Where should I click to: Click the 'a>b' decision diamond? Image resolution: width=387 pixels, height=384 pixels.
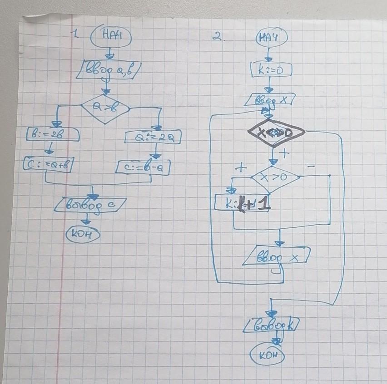click(x=105, y=108)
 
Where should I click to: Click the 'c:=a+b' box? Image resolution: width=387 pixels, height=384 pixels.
click(x=49, y=164)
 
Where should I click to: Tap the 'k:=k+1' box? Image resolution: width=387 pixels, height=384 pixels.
click(x=243, y=203)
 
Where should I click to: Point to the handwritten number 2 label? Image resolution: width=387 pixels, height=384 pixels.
click(x=218, y=37)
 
